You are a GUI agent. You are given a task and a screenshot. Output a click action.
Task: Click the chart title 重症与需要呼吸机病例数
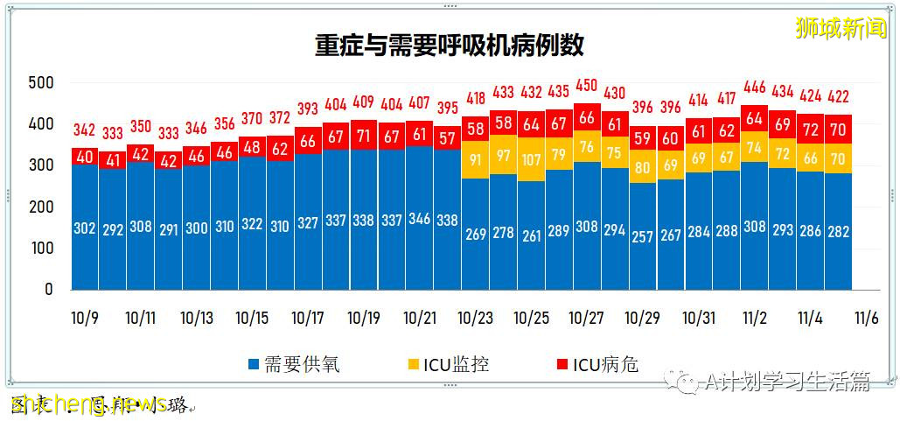[x=450, y=46]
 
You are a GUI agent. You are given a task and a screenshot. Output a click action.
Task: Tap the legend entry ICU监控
[x=446, y=364]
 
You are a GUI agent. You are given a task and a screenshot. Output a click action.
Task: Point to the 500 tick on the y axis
[x=41, y=83]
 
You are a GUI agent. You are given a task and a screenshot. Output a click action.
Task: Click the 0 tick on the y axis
[x=49, y=289]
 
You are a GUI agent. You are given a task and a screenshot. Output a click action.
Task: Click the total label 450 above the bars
[x=587, y=86]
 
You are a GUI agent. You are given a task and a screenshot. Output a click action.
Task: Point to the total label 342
[x=85, y=130]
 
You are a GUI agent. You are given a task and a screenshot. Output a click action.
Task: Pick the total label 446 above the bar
[x=754, y=88]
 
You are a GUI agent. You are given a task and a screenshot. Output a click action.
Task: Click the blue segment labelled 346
[x=420, y=219]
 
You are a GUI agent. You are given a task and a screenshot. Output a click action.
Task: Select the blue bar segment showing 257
[x=643, y=237]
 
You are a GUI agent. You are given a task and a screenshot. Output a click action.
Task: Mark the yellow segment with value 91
[x=475, y=159]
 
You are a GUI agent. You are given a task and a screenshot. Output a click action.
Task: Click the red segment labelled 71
[x=364, y=135]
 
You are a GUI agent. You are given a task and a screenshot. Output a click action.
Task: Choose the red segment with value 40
[x=85, y=157]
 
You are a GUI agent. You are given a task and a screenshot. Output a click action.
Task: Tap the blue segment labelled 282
[x=838, y=232]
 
